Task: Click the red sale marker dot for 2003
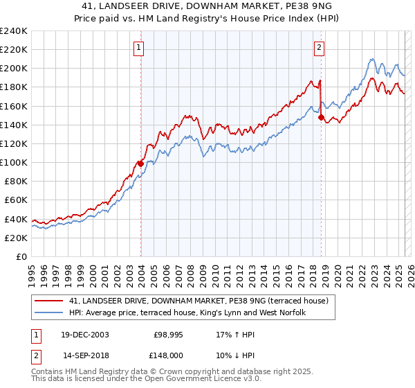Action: tap(140, 164)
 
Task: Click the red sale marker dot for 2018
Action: tap(321, 117)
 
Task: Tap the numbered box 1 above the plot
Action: tap(139, 48)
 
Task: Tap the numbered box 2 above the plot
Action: tap(319, 48)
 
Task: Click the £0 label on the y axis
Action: tap(22, 256)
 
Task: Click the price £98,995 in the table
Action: tap(166, 334)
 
